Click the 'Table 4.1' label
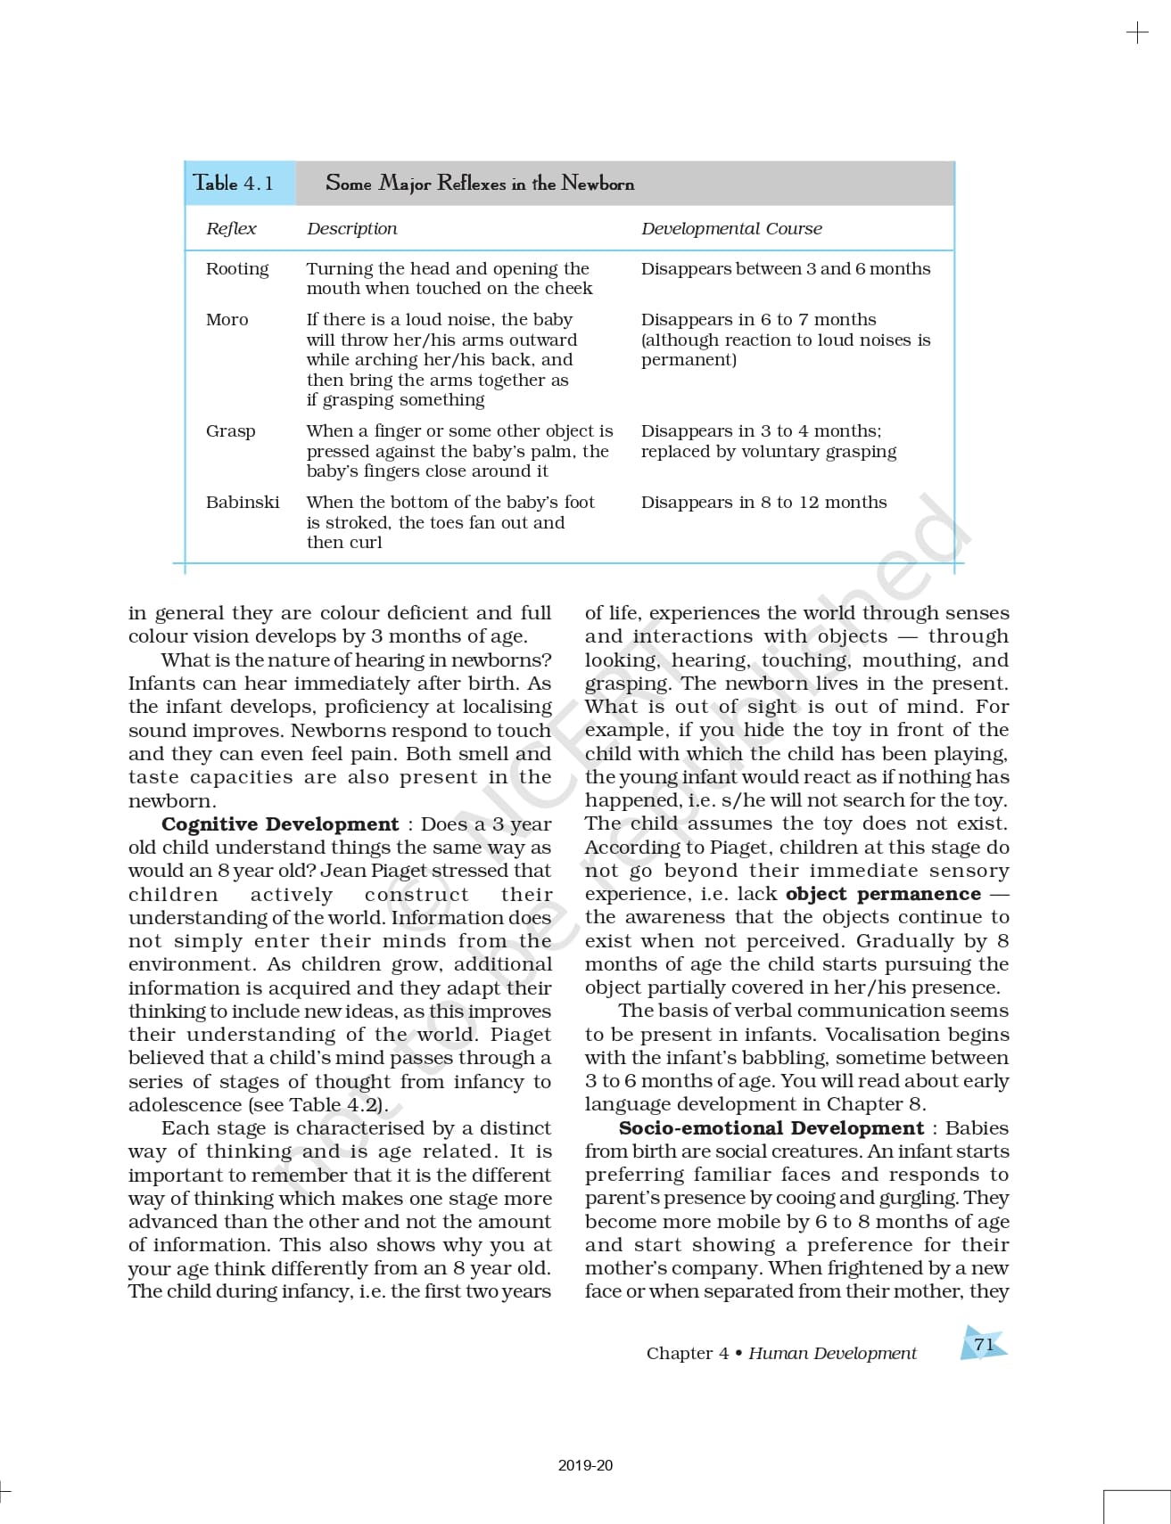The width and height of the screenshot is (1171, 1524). point(234,184)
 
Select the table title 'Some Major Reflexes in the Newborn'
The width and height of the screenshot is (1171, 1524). point(480,184)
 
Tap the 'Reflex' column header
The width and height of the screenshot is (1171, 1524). point(231,228)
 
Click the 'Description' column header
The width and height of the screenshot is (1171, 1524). point(351,228)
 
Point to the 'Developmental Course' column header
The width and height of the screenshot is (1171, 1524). point(731,228)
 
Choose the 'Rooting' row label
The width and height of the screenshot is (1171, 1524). point(237,268)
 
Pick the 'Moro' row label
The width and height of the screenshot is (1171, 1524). point(227,319)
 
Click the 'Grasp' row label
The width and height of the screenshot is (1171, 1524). point(230,430)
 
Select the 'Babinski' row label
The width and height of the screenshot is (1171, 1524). point(243,502)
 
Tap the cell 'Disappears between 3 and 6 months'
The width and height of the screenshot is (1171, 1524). point(785,268)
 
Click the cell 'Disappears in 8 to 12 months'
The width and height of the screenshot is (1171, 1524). point(763,502)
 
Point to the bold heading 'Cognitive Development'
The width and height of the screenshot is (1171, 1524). point(280,823)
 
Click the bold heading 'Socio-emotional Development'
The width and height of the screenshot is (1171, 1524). point(771,1127)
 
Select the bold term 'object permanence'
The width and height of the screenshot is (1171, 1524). point(883,893)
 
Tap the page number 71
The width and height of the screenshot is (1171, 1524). point(984,1344)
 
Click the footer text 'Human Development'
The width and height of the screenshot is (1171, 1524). point(832,1353)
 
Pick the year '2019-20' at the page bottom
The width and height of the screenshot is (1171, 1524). point(586,1465)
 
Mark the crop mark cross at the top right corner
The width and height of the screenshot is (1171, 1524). point(1137,34)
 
